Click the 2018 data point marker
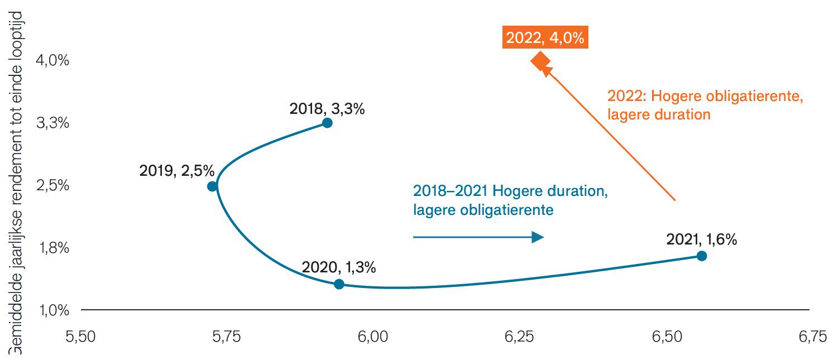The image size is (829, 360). (327, 123)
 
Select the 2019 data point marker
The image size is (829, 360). (212, 186)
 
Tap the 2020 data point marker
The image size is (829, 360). (339, 284)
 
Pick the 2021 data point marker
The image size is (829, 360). (702, 256)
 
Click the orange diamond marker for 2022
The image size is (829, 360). (540, 60)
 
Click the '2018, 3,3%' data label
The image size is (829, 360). (327, 109)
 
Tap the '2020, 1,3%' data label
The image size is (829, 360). (338, 267)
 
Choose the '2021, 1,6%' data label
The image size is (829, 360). (701, 239)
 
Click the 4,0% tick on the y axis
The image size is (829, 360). (52, 60)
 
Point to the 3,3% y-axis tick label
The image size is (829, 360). (52, 123)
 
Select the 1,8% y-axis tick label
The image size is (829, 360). (52, 247)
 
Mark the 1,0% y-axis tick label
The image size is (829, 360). (52, 310)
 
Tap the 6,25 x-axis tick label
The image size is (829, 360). (519, 337)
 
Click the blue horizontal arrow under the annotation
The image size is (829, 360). (478, 237)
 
